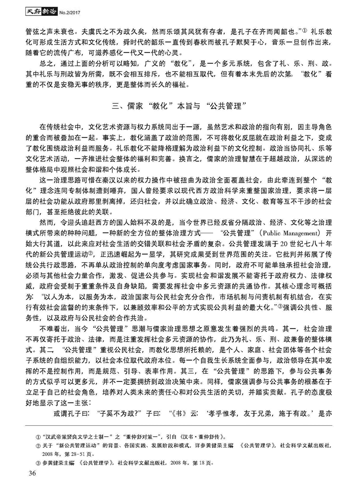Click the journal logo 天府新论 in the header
pyautogui.click(x=30, y=10)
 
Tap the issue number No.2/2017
pyautogui.click(x=62, y=10)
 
